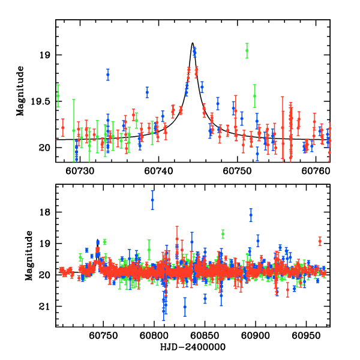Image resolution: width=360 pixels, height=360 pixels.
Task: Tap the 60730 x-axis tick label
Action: [x=80, y=172]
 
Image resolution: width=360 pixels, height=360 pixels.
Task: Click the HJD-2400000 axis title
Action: [x=192, y=347]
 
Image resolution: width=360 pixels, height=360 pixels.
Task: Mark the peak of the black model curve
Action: [x=192, y=43]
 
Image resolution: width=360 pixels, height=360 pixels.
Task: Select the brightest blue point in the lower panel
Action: [x=152, y=200]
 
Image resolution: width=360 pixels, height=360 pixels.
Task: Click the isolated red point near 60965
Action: [x=320, y=241]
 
